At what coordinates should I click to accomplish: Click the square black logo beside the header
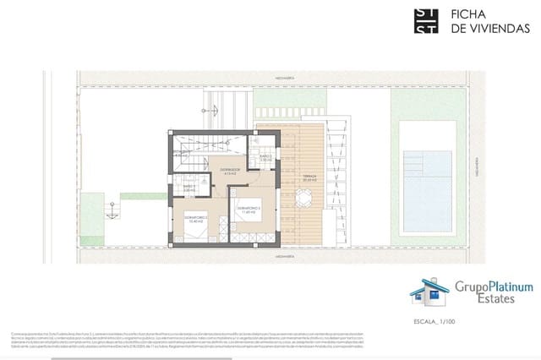point(425,21)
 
